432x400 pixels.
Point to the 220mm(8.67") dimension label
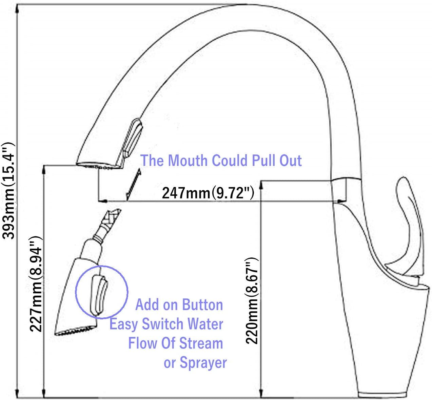click(252, 301)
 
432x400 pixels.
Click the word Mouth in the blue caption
click(188, 161)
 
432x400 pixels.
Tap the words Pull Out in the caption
click(277, 161)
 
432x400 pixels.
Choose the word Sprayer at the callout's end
click(203, 363)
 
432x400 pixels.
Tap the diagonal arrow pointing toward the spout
click(134, 185)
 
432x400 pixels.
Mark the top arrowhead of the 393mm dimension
click(17, 9)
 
